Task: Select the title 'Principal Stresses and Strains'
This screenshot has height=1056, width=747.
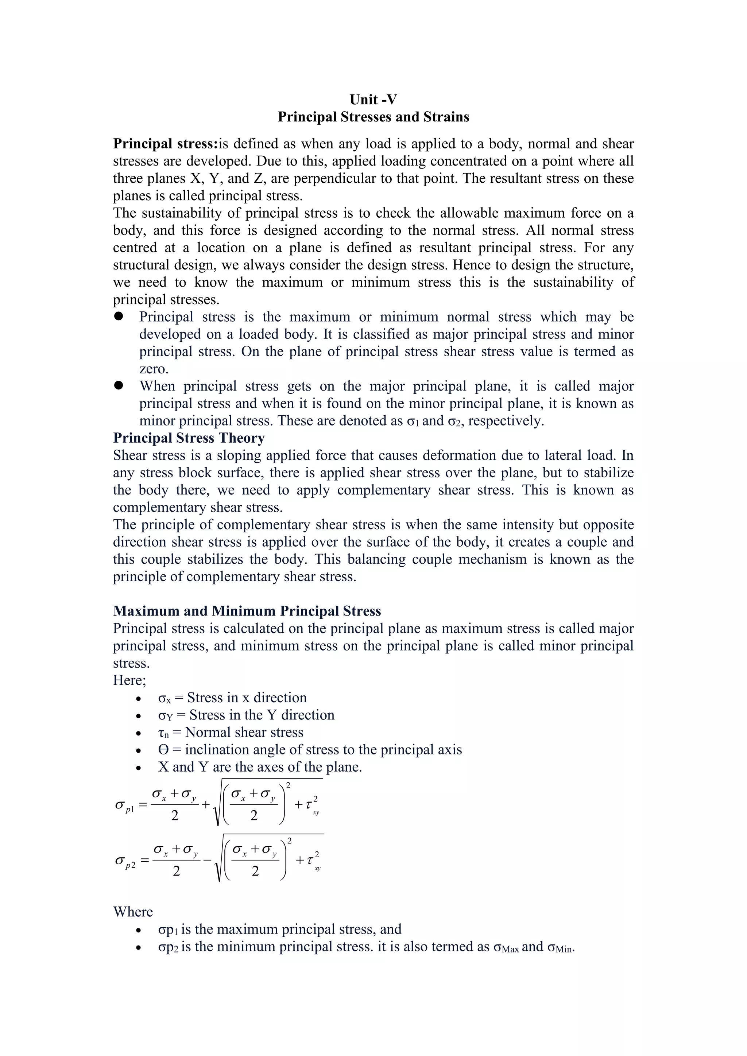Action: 373,117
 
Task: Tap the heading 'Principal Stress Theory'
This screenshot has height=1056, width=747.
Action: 189,438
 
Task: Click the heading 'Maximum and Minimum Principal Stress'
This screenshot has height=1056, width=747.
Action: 247,611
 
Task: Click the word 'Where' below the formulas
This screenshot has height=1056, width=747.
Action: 133,912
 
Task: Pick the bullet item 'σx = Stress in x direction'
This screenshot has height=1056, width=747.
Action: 232,698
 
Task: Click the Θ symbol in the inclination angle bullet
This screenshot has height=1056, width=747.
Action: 163,750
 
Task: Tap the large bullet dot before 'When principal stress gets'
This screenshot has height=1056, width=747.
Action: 119,385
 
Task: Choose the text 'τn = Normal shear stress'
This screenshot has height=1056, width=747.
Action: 231,732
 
